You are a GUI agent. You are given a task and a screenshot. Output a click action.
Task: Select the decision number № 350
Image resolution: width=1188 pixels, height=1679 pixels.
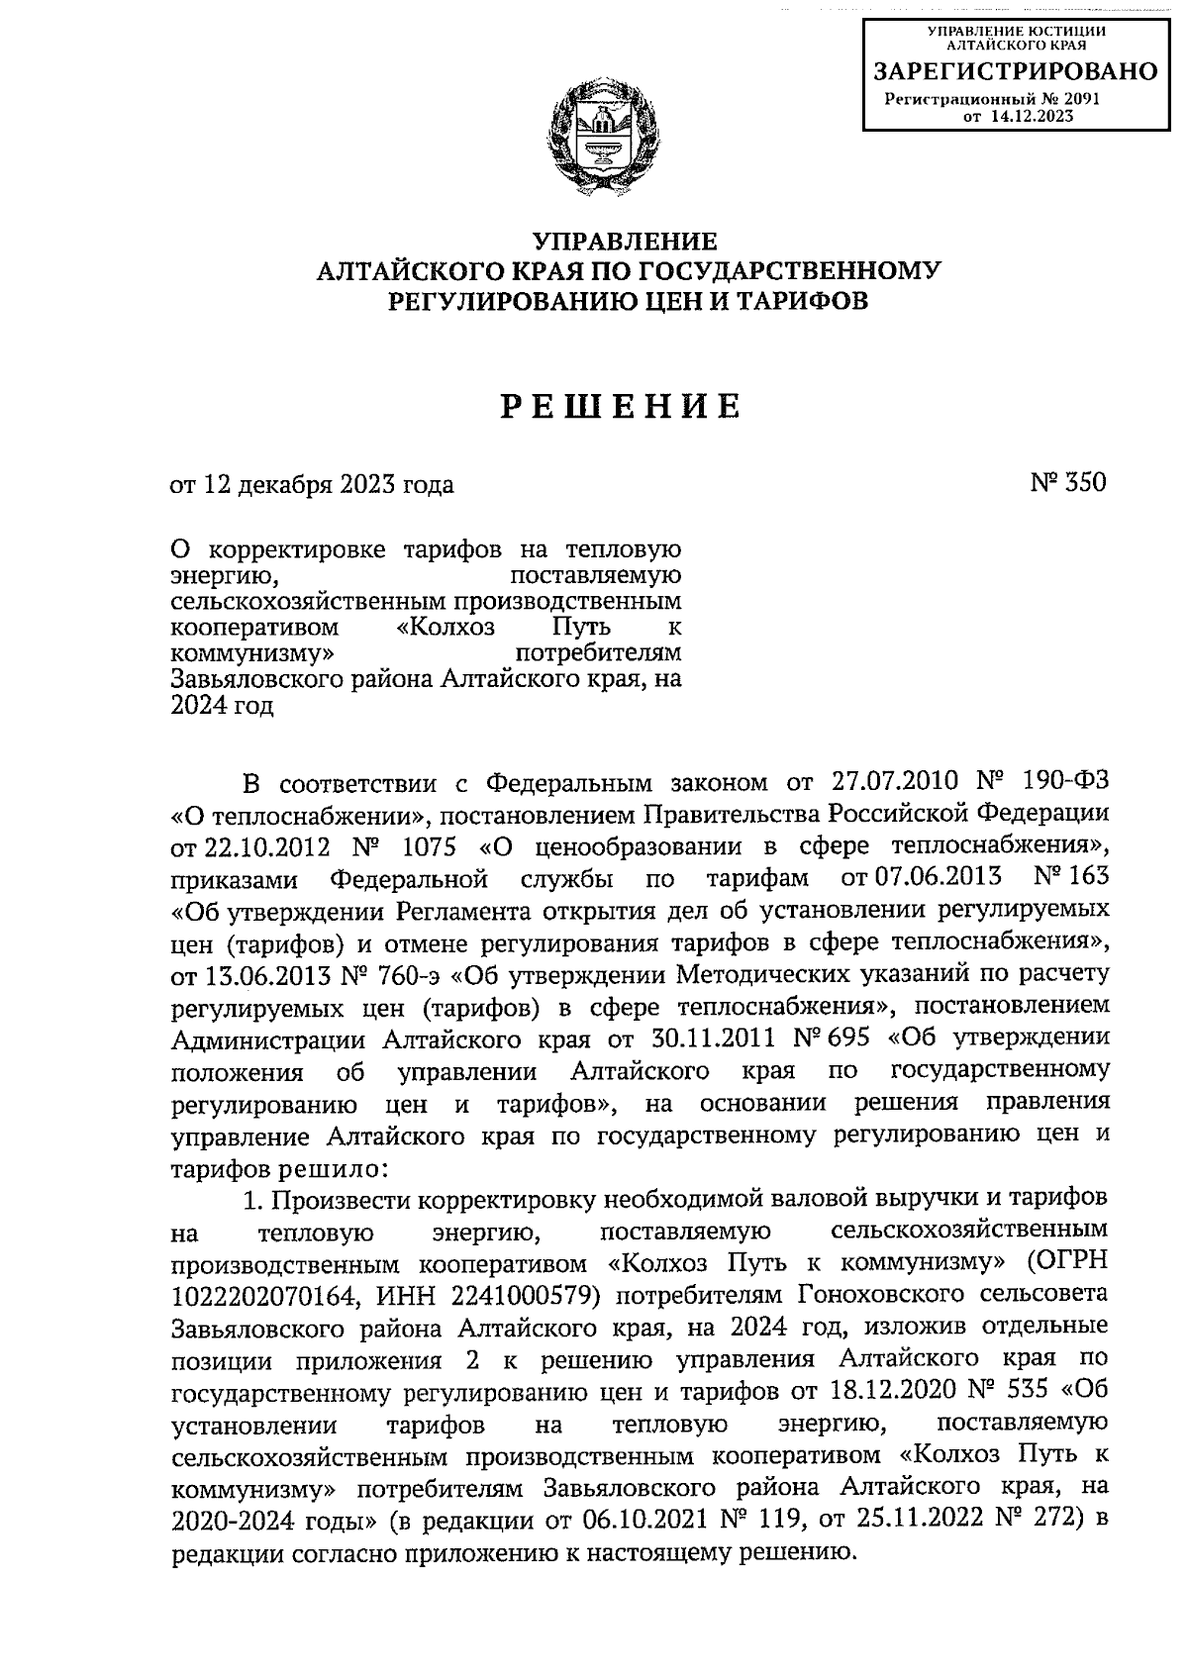[x=1068, y=483]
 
